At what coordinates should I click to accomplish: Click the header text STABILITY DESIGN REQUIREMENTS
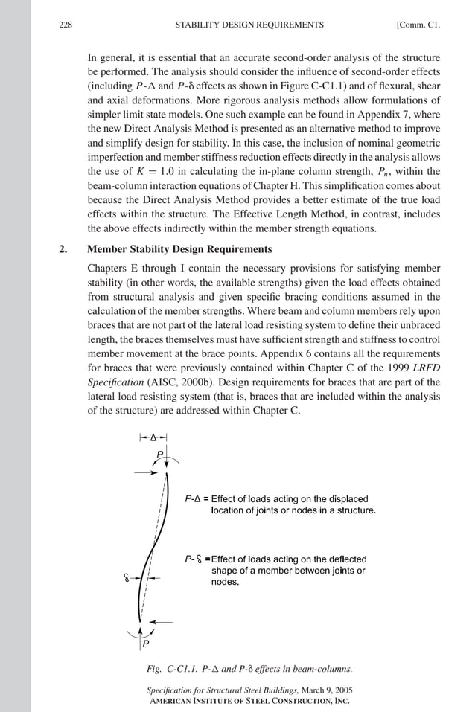[249, 25]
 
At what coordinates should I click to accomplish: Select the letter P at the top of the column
[159, 454]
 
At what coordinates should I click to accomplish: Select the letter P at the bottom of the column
[146, 643]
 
